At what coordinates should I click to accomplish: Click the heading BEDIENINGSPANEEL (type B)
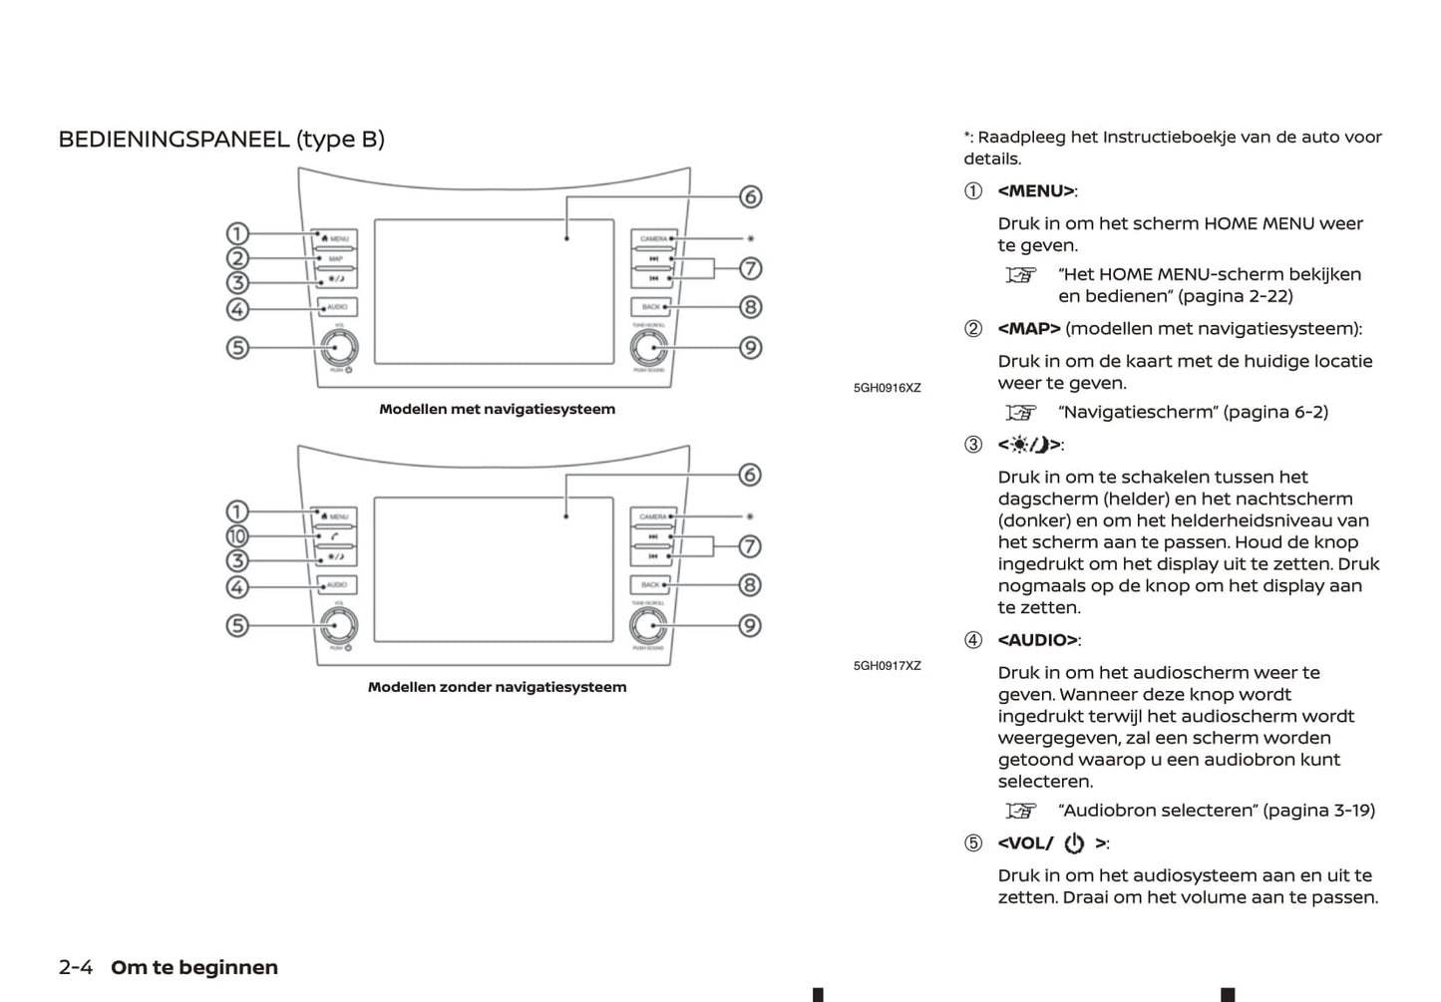click(221, 140)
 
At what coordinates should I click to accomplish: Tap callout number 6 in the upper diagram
click(750, 196)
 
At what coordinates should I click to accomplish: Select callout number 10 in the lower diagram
click(237, 536)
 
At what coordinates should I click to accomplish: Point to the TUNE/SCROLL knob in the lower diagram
click(648, 625)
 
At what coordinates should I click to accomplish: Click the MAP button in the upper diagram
click(336, 259)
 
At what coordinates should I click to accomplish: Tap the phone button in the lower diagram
click(336, 537)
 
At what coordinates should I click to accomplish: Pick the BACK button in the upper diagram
click(651, 307)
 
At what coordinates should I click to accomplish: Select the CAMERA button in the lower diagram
click(653, 516)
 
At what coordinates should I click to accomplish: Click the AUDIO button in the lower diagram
click(336, 585)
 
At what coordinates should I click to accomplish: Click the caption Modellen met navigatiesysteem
click(497, 409)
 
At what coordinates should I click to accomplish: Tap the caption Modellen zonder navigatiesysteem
click(497, 687)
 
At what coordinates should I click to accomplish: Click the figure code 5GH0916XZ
click(887, 388)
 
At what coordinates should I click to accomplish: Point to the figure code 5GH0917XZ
click(887, 666)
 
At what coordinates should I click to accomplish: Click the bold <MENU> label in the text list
click(1036, 191)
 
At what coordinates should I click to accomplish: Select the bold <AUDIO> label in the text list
click(1038, 640)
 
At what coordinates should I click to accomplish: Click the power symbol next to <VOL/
click(1074, 843)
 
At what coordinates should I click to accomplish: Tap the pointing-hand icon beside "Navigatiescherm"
click(1021, 413)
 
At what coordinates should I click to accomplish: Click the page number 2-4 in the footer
click(76, 967)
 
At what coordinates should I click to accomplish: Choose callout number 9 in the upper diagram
click(750, 348)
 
